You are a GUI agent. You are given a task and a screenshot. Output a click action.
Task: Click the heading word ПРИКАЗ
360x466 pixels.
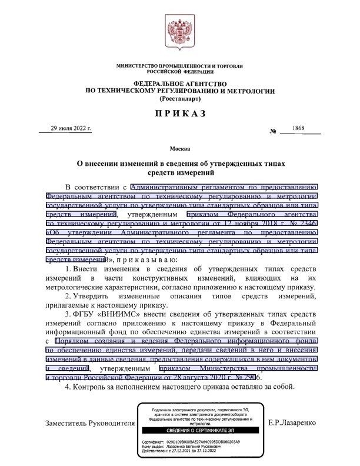click(x=180, y=113)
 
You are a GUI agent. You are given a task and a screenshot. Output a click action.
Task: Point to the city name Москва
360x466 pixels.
click(x=179, y=148)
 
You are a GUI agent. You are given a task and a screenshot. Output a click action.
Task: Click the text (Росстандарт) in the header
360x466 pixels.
click(x=179, y=99)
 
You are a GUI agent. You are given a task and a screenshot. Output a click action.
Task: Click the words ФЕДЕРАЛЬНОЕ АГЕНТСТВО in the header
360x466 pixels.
click(x=179, y=84)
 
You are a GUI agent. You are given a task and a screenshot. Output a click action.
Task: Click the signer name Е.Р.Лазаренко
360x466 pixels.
click(x=292, y=422)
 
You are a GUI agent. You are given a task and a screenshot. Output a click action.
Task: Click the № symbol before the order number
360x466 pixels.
click(x=272, y=130)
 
